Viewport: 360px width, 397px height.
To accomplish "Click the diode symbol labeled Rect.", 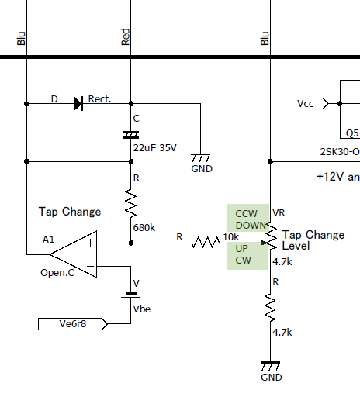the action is pyautogui.click(x=78, y=104).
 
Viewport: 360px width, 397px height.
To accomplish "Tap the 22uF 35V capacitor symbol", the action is pyautogui.click(x=131, y=135).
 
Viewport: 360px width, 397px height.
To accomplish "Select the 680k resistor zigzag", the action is pyautogui.click(x=131, y=203).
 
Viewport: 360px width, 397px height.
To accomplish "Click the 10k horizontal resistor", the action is pyautogui.click(x=206, y=243).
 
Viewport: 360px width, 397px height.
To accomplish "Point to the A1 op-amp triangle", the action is pyautogui.click(x=74, y=254).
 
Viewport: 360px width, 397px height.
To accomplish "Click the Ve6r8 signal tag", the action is pyautogui.click(x=73, y=324).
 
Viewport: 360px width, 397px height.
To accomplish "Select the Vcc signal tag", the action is pyautogui.click(x=305, y=104).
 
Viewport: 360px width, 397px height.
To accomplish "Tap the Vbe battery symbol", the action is pyautogui.click(x=131, y=295).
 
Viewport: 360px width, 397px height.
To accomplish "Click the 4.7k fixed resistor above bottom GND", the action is pyautogui.click(x=270, y=308).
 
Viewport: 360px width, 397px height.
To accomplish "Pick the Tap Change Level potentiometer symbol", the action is pyautogui.click(x=271, y=236).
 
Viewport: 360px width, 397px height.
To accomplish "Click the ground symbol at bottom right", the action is pyautogui.click(x=270, y=366).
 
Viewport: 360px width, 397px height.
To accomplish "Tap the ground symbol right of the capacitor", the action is pyautogui.click(x=200, y=157).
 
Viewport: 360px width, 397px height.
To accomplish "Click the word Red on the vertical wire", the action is pyautogui.click(x=126, y=37).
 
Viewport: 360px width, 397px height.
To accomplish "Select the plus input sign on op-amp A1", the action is pyautogui.click(x=90, y=243).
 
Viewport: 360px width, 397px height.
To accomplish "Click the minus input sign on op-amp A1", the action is pyautogui.click(x=90, y=266).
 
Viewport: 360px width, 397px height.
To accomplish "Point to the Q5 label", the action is pyautogui.click(x=352, y=133).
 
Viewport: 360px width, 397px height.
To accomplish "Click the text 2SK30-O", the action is pyautogui.click(x=340, y=152).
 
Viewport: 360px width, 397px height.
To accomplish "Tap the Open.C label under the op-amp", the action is pyautogui.click(x=57, y=273).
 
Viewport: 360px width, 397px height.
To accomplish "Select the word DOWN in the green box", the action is pyautogui.click(x=251, y=226).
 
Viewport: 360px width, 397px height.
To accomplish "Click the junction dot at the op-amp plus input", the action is pyautogui.click(x=131, y=243).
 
